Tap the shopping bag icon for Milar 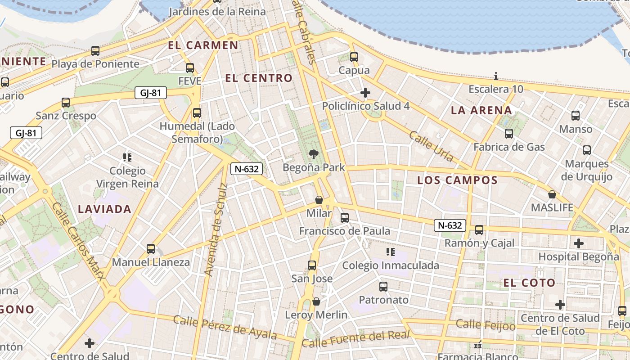[x=319, y=200]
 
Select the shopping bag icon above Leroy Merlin [x=316, y=301]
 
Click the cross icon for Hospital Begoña [x=579, y=243]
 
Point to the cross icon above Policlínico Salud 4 [x=365, y=93]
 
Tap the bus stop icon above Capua [x=354, y=57]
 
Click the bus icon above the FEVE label [x=190, y=68]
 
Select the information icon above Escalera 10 [x=496, y=76]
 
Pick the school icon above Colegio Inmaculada [x=391, y=252]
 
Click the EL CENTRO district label [x=259, y=78]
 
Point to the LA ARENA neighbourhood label [x=481, y=110]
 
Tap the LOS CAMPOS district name [x=457, y=180]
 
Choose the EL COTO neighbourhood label [x=529, y=283]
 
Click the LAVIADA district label [x=104, y=209]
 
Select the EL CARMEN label [x=203, y=45]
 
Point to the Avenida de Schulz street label [x=216, y=229]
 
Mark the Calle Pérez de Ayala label [x=225, y=328]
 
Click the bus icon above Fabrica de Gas [x=509, y=134]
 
